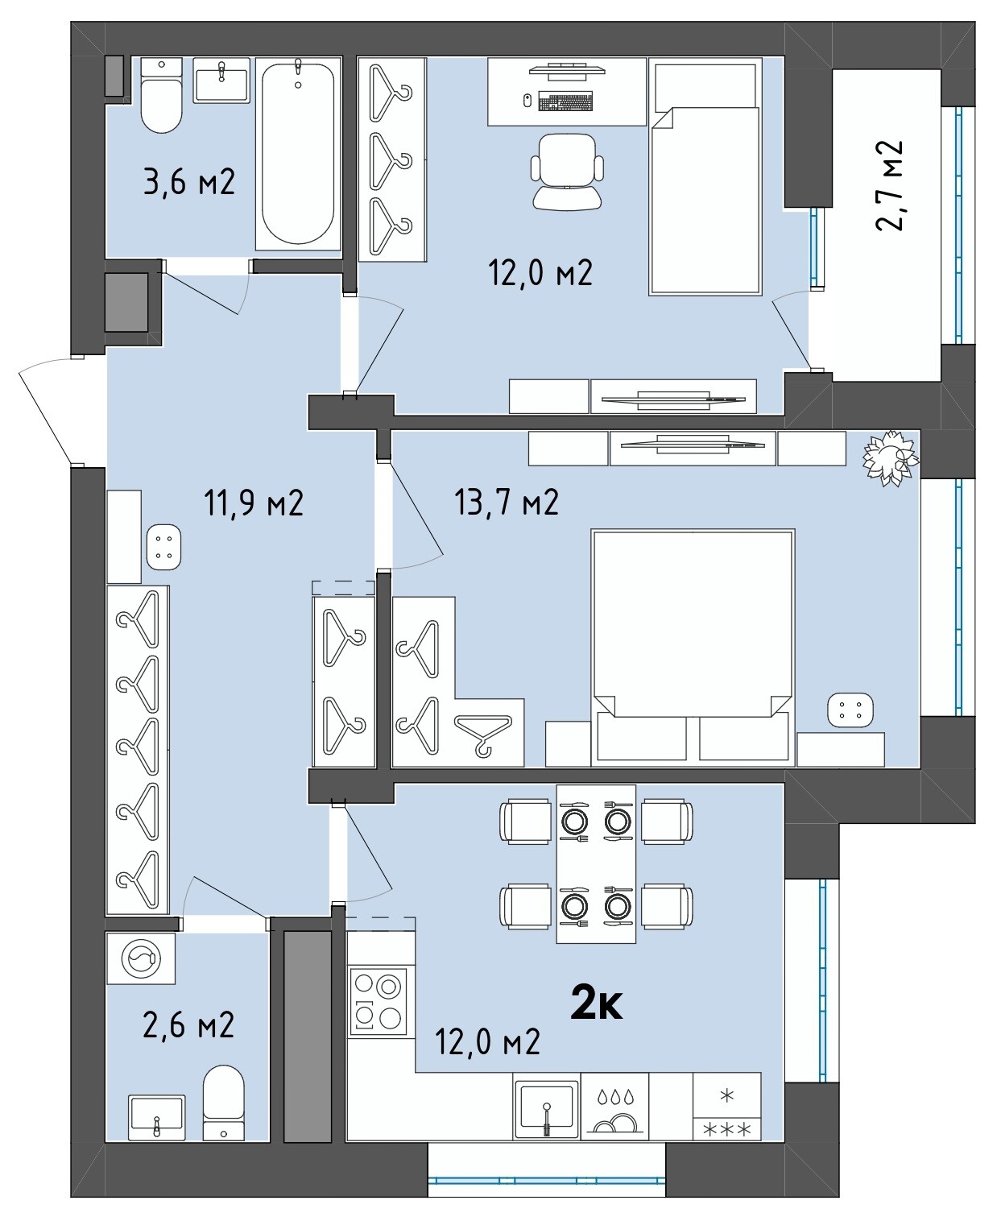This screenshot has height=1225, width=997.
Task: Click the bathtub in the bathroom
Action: click(x=299, y=154)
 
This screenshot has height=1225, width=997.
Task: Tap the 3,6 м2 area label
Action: click(x=189, y=182)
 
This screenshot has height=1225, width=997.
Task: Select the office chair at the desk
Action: click(x=567, y=171)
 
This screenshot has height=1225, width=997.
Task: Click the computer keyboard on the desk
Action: click(x=565, y=101)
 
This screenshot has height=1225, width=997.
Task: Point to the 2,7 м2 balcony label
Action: click(x=889, y=185)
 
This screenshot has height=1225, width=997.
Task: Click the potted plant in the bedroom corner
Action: click(x=890, y=458)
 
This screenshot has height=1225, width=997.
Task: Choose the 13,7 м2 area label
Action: click(x=506, y=502)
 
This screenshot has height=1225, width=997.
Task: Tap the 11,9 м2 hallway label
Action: click(x=254, y=503)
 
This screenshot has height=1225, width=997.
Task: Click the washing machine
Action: click(x=141, y=958)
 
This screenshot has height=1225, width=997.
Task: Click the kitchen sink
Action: click(x=546, y=1109)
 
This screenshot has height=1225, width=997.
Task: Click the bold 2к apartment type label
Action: click(x=596, y=1005)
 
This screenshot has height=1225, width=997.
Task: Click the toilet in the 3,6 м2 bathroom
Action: click(x=162, y=96)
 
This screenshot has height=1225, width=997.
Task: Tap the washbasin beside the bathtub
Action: click(x=221, y=80)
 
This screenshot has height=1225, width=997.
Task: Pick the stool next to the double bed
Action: click(x=850, y=710)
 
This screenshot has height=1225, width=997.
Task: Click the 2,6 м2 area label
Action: click(x=188, y=1025)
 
